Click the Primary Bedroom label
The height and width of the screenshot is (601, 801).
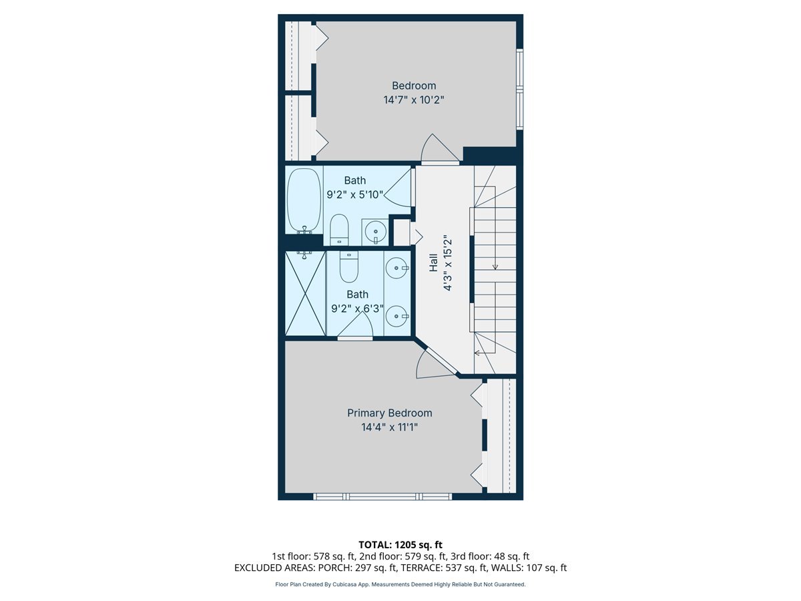[x=389, y=413]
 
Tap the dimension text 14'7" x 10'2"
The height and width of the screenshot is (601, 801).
[x=413, y=100]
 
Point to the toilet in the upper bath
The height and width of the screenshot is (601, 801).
[x=339, y=230]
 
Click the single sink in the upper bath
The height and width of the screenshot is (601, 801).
[x=375, y=231]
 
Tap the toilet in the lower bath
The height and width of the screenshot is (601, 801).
[x=348, y=266]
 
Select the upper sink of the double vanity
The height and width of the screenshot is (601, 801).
[x=398, y=268]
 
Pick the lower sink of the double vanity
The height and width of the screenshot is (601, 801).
[x=398, y=315]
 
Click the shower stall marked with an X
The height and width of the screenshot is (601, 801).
[x=304, y=292]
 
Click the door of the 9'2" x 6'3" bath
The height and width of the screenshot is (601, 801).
[x=358, y=326]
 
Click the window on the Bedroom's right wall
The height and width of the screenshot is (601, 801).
[x=520, y=87]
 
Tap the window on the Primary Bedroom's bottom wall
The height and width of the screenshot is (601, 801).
[x=382, y=496]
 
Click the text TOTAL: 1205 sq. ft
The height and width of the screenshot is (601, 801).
[x=400, y=544]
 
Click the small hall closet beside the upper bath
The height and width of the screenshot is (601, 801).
[x=401, y=232]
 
